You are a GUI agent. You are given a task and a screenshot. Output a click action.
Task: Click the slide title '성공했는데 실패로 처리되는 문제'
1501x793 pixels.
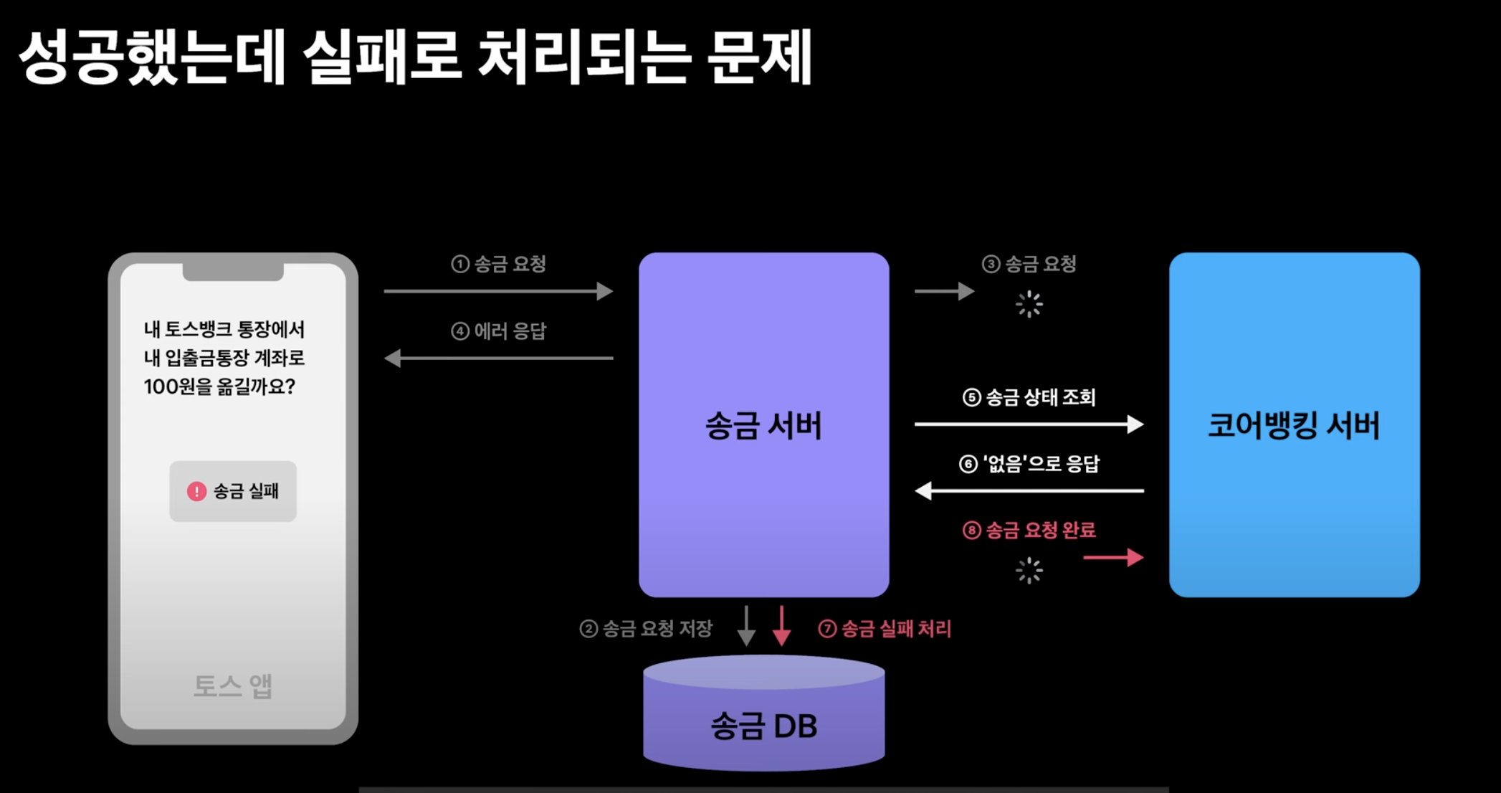coord(414,57)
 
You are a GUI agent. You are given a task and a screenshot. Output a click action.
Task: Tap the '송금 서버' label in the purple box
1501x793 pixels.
coord(763,426)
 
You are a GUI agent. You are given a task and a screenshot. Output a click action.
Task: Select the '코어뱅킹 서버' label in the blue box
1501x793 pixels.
coord(1294,425)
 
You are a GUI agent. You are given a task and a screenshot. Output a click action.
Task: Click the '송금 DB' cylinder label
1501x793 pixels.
coord(764,726)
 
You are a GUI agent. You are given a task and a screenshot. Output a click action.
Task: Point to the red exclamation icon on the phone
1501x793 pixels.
coord(196,491)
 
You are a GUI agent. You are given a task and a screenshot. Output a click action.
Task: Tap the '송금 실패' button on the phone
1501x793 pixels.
coord(233,491)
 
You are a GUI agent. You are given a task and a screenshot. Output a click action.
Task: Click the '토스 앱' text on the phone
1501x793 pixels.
coord(233,686)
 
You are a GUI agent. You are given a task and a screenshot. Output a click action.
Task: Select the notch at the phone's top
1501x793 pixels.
coord(233,272)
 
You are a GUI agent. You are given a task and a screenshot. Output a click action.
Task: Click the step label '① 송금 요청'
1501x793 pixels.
coord(499,264)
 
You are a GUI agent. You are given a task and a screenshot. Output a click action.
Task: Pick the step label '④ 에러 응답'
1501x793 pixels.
coord(499,331)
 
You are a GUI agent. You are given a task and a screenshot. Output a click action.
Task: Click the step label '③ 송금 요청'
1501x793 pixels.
coord(1029,264)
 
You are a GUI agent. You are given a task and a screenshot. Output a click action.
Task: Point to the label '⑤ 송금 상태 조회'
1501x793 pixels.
coord(1029,397)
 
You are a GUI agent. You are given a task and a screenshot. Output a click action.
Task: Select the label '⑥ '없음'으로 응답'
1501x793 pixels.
coord(1029,464)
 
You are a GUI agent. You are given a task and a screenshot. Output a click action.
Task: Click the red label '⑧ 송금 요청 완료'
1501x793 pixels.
coord(1029,531)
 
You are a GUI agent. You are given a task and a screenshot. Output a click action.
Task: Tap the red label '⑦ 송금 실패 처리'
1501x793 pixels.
coord(885,629)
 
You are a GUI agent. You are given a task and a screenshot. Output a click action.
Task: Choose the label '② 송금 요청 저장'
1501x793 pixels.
coord(646,629)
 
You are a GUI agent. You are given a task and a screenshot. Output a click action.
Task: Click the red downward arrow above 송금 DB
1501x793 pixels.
coord(781,626)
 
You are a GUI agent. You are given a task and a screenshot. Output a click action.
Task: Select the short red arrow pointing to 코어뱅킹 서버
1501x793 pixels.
coord(1113,557)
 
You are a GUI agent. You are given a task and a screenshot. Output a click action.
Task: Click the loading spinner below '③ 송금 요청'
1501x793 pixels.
coord(1029,304)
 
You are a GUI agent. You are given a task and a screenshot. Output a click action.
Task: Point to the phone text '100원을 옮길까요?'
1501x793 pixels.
coord(219,387)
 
